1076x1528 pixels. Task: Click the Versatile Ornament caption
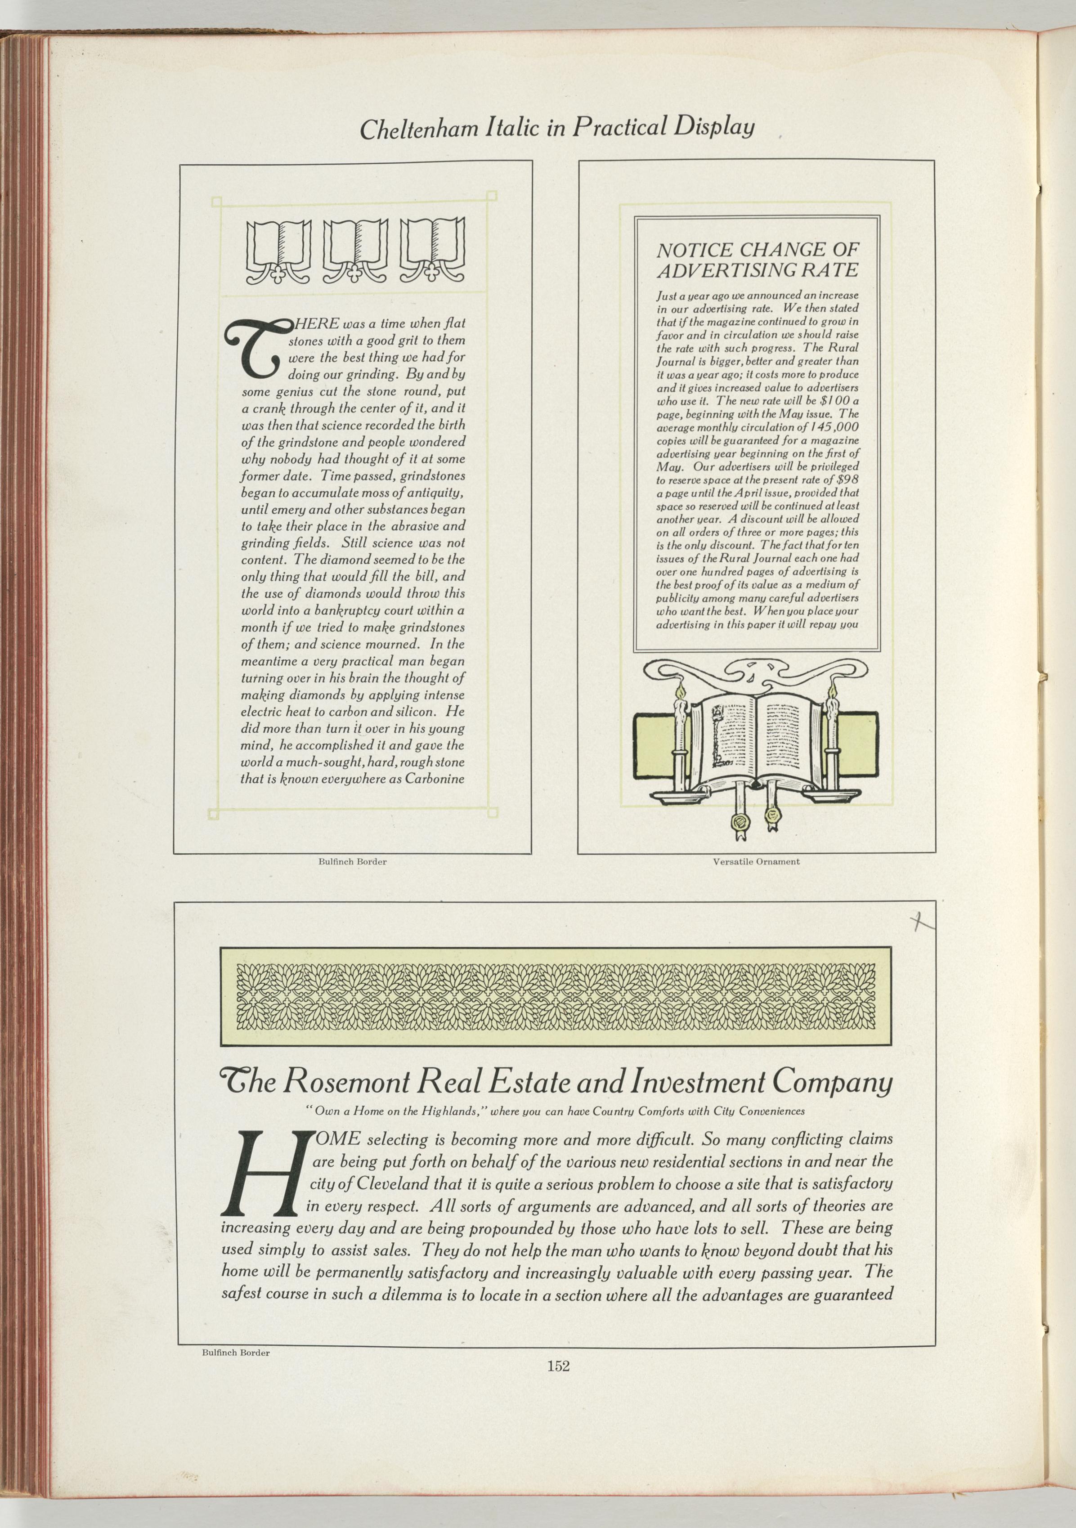756,861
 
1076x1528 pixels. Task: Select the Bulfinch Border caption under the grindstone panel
352,861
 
